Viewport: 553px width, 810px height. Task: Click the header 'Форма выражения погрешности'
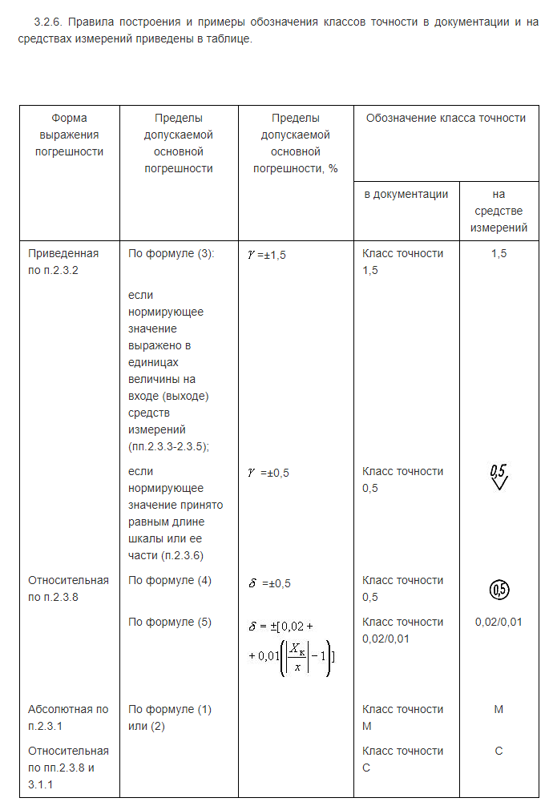pyautogui.click(x=69, y=135)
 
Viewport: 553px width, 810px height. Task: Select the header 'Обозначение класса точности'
pyautogui.click(x=446, y=118)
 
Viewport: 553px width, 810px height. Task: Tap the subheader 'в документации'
pyautogui.click(x=406, y=194)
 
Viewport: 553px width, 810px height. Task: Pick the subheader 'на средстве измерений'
pyautogui.click(x=499, y=211)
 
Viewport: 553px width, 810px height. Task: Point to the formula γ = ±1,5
pyautogui.click(x=267, y=254)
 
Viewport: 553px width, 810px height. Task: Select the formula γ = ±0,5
pyautogui.click(x=268, y=472)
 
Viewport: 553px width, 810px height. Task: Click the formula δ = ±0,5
pyautogui.click(x=268, y=583)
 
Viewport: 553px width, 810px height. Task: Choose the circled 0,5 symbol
pyautogui.click(x=499, y=590)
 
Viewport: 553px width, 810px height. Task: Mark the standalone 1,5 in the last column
pyautogui.click(x=499, y=253)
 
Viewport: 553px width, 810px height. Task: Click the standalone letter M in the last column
pyautogui.click(x=499, y=709)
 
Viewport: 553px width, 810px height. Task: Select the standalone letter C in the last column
pyautogui.click(x=499, y=751)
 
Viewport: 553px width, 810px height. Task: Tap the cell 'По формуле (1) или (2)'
pyautogui.click(x=170, y=718)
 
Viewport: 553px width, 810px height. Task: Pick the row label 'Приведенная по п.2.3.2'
pyautogui.click(x=63, y=262)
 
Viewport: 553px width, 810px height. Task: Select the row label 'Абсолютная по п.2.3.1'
pyautogui.click(x=68, y=718)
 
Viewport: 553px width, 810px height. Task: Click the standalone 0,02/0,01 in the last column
pyautogui.click(x=499, y=622)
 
